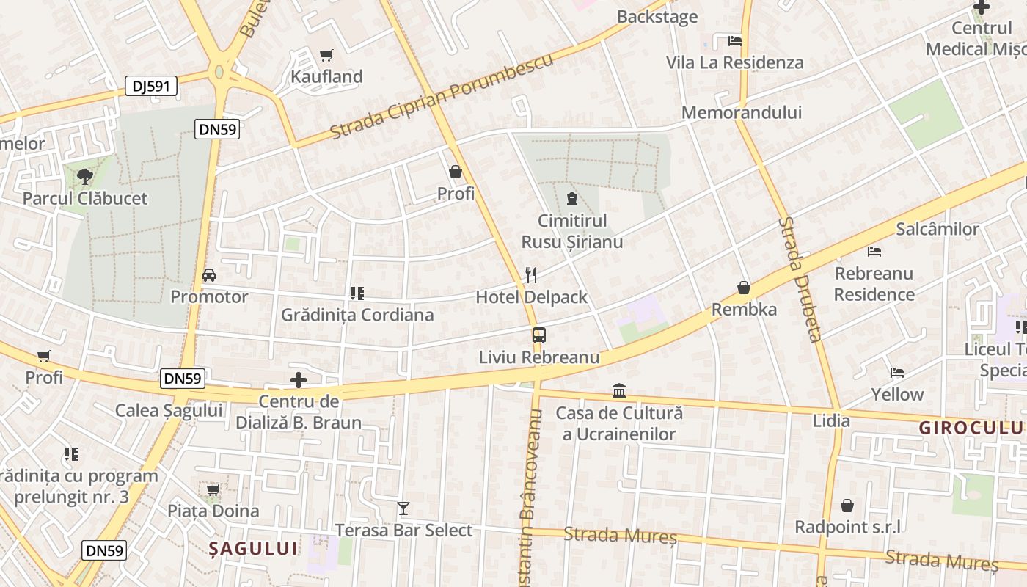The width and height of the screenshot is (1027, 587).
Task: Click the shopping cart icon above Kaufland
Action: coord(326,55)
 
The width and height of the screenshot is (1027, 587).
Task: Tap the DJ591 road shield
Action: coord(151,86)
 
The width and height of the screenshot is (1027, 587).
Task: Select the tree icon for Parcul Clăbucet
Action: coord(85,176)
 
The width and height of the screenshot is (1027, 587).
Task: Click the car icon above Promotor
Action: coord(209,275)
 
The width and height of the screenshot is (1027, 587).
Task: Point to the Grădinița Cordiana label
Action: coord(357,315)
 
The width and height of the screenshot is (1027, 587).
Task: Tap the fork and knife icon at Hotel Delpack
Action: coord(532,275)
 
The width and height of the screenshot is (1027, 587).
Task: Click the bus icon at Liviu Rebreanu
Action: coord(539,336)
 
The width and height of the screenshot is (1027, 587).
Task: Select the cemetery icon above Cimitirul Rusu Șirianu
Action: coord(571,198)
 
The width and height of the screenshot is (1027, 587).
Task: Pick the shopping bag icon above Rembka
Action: coord(744,288)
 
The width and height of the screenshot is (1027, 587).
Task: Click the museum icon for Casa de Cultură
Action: coord(619,390)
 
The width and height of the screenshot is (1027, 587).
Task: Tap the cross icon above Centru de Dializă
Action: coord(299,380)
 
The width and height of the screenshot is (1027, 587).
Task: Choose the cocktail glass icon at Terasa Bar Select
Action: coord(403,508)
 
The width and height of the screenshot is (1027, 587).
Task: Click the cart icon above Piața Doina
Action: coord(213,489)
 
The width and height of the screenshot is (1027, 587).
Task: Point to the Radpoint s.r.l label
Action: coord(848,527)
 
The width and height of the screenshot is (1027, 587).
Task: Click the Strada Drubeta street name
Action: coord(800,279)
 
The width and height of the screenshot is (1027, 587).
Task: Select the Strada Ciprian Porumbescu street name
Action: coord(442,97)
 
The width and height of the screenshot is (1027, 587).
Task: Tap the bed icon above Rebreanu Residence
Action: coord(874,252)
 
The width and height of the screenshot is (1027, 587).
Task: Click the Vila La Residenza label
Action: coord(735,62)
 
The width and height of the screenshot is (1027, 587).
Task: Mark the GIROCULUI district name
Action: coord(972,428)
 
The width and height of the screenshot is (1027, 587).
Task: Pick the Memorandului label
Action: coord(742,112)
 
